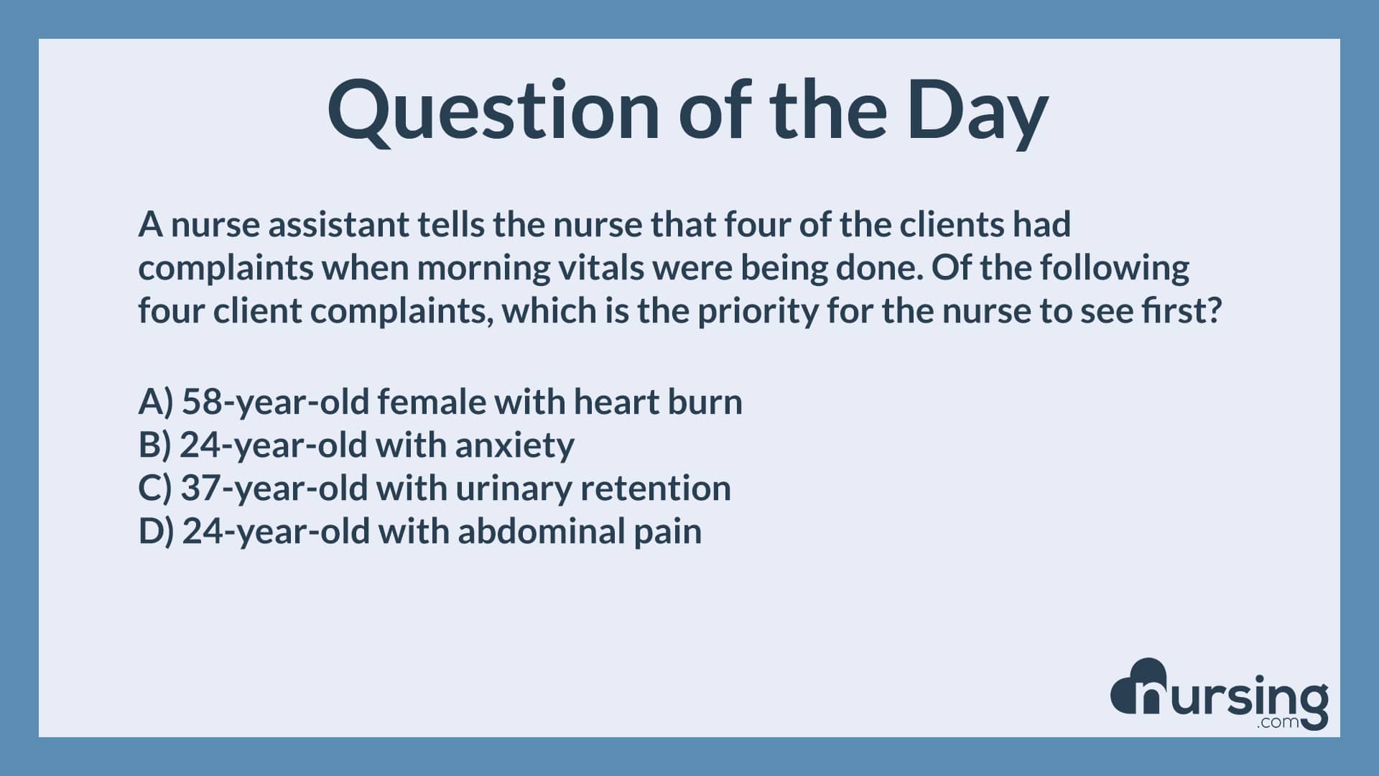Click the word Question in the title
click(493, 111)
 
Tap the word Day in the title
click(977, 112)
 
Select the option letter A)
click(156, 402)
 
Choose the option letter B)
click(155, 445)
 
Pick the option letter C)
click(155, 489)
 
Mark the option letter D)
click(157, 532)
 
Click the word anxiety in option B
click(514, 446)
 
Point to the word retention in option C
click(655, 488)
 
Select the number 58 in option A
click(203, 402)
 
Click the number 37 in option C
click(202, 489)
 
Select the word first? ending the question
click(1181, 311)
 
